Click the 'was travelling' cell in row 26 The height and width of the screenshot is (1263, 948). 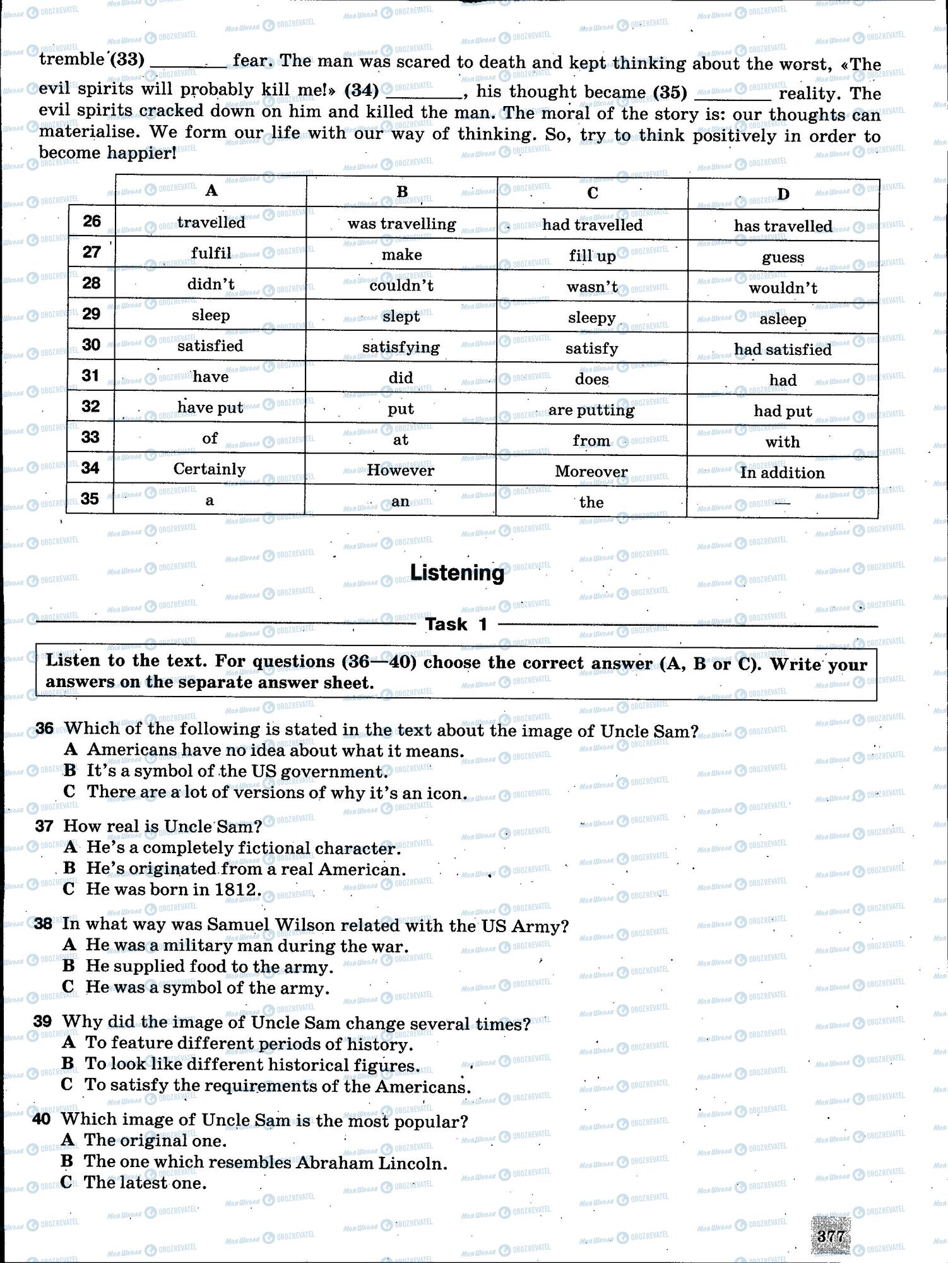(401, 224)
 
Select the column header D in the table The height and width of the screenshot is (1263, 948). (783, 194)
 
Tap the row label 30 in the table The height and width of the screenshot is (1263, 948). (92, 345)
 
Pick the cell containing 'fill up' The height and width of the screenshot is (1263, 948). (591, 256)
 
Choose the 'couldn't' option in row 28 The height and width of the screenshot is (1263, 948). (401, 285)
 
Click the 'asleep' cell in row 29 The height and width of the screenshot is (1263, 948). (782, 319)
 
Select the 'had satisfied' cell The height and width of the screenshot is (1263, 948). (782, 350)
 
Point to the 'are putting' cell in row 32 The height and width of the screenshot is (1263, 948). (591, 410)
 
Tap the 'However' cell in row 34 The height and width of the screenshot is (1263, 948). (400, 470)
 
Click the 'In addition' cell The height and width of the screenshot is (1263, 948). (782, 473)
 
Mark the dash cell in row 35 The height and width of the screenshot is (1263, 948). (782, 503)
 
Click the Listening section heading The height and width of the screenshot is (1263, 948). (458, 573)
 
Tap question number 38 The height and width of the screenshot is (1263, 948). (44, 924)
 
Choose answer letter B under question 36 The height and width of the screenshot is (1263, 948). (70, 771)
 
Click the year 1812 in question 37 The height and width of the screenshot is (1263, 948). (237, 890)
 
